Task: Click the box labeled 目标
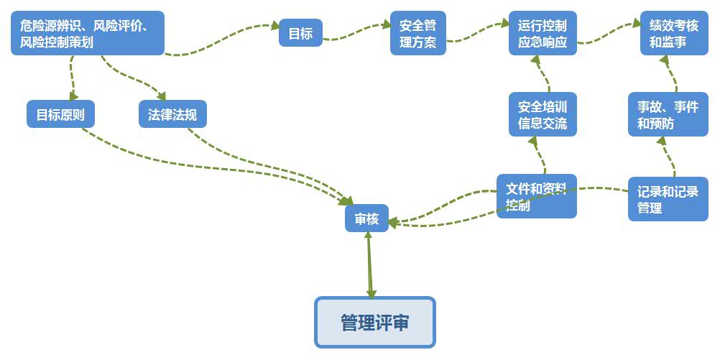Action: tap(300, 33)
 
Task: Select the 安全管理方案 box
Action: tap(417, 33)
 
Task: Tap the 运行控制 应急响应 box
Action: tap(543, 33)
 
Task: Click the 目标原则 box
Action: tap(60, 114)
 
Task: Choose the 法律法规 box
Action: tap(172, 114)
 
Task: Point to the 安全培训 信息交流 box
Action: tap(543, 114)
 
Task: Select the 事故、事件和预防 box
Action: tap(668, 114)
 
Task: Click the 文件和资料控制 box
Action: tap(536, 196)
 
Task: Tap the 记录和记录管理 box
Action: tap(668, 199)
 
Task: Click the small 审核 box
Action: tap(366, 218)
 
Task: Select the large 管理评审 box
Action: tap(375, 322)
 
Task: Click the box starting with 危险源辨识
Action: tap(87, 33)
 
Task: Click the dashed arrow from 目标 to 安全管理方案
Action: tap(356, 29)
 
